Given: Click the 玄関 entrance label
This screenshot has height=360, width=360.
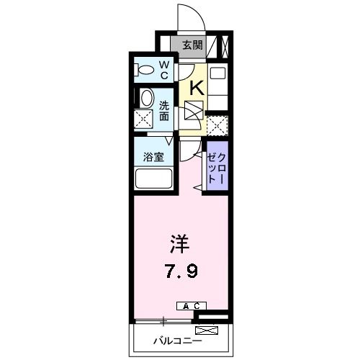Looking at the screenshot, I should [x=192, y=45].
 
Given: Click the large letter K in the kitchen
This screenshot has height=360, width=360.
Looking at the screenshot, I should [x=194, y=89].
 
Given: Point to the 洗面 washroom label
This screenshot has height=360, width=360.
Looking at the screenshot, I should [x=164, y=109].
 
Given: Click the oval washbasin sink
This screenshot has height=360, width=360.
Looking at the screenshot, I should [x=146, y=99].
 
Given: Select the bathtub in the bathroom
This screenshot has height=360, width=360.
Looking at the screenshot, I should [x=153, y=179].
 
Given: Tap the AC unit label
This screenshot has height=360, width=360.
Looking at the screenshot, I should [x=190, y=306].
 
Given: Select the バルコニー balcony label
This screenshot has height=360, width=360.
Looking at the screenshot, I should [x=176, y=339].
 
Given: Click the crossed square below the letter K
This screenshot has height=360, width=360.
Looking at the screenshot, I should [x=194, y=112].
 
